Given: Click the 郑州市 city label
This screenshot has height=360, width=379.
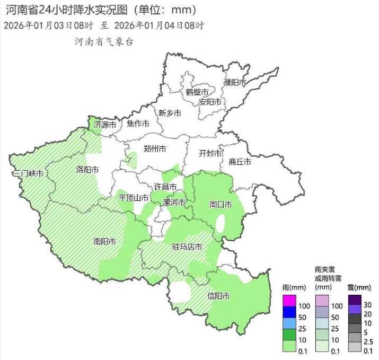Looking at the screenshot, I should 155,149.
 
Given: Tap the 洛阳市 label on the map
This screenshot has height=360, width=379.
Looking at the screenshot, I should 87,170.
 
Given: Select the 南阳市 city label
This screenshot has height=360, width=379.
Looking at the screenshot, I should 104,241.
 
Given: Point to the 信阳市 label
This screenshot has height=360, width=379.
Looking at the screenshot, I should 218,296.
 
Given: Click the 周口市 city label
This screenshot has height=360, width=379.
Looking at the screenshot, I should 221,204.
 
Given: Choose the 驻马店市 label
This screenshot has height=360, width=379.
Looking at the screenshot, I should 187,247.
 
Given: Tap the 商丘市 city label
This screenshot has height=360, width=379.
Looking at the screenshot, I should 240,162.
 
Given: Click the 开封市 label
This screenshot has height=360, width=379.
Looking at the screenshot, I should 210,153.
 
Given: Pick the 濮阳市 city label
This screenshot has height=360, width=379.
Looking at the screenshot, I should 235,83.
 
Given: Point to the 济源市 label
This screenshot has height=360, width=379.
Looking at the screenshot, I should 104,125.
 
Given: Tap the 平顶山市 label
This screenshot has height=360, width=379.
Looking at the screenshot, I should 133,197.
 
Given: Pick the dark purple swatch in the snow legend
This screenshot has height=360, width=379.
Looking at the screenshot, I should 355,300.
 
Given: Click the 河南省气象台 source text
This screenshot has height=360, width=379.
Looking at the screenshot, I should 104,41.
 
